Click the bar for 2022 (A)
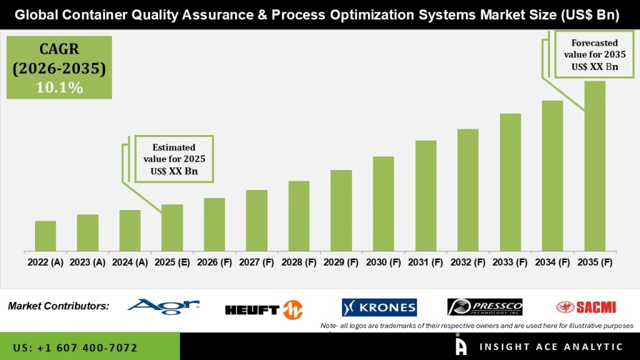[x=46, y=236]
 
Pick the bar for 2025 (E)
[x=172, y=227]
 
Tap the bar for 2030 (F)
[x=383, y=203]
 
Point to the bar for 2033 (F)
[x=510, y=182]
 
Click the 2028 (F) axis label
[x=299, y=262]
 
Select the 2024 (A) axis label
[x=130, y=262]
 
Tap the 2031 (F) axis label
[x=426, y=262]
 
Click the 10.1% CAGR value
[x=59, y=88]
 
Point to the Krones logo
[x=379, y=307]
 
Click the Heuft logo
[x=264, y=309]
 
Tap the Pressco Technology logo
[x=485, y=307]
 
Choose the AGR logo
[x=163, y=306]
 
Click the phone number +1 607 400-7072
[x=75, y=347]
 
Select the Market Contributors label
[x=59, y=306]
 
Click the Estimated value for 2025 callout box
[x=174, y=159]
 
